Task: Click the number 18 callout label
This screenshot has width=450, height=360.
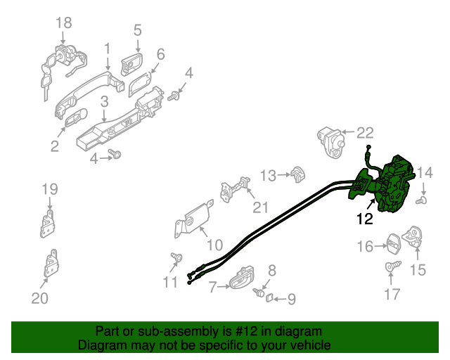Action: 63,22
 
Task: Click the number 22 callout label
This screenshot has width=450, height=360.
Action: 366,131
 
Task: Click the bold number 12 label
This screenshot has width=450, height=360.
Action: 364,219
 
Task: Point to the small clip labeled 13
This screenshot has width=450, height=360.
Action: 297,172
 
